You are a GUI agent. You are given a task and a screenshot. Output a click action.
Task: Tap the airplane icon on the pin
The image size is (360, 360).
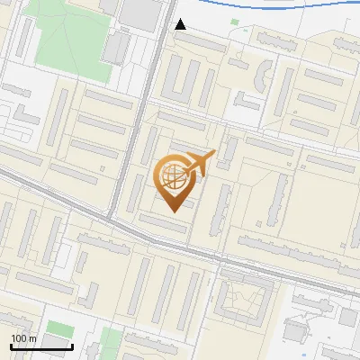pos(199,163)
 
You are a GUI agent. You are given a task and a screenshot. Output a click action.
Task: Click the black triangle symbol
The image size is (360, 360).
pos(180,24)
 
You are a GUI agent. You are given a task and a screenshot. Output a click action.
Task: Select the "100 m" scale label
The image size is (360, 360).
pos(23,338)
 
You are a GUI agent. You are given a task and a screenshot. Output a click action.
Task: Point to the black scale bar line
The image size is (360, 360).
pos(41,346)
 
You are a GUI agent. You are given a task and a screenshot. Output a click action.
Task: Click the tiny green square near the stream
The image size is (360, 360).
pos(235,22)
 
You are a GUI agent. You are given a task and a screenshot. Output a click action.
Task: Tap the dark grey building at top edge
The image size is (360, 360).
pos(139,11)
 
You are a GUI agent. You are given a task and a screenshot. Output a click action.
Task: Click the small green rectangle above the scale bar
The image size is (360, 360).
pos(58,328)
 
